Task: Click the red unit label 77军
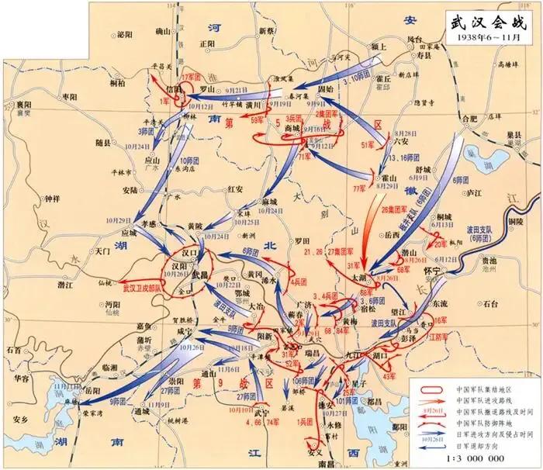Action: click(358, 188)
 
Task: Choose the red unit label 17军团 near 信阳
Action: click(191, 78)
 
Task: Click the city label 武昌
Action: click(201, 276)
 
